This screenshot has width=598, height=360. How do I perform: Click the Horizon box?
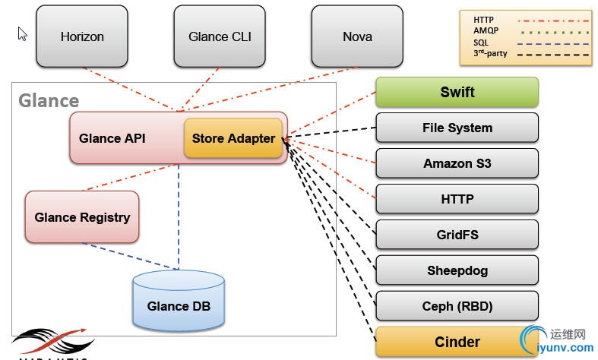click(82, 36)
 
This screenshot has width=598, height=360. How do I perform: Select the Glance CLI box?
click(220, 36)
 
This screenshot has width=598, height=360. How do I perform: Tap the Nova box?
click(357, 36)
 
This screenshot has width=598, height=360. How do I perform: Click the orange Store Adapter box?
click(233, 138)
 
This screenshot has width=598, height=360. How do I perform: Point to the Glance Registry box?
click(82, 217)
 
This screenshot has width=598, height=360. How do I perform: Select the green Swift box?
click(457, 93)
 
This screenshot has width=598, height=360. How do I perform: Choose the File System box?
click(457, 128)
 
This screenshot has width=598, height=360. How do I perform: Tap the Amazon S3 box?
click(457, 163)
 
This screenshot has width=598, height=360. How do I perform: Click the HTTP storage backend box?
click(457, 199)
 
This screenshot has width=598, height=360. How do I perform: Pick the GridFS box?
click(457, 235)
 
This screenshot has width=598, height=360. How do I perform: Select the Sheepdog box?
click(457, 270)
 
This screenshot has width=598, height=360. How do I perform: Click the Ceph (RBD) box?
click(457, 306)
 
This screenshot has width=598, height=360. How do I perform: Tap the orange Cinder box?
click(457, 342)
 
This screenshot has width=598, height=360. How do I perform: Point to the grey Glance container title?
click(49, 100)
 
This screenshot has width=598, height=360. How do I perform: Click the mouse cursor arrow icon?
click(23, 33)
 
